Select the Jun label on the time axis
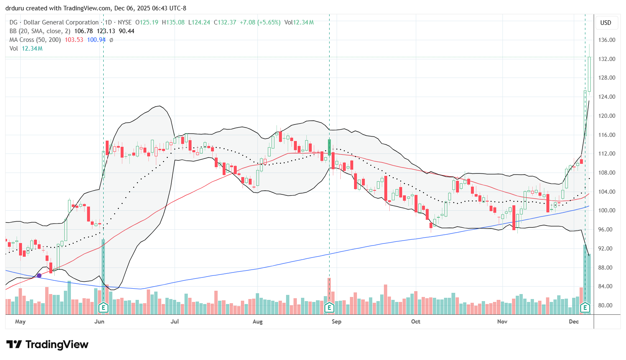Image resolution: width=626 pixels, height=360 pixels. click(x=99, y=322)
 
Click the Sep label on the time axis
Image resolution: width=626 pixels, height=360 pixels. click(x=336, y=322)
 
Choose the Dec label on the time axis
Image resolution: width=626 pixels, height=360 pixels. click(x=574, y=322)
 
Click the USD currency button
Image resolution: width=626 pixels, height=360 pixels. click(x=606, y=23)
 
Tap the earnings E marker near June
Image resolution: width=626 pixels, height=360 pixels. click(x=103, y=308)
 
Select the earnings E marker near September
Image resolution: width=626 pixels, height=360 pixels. click(x=329, y=308)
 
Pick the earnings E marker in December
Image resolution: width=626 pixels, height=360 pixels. click(x=585, y=308)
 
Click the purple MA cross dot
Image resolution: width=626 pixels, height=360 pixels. click(x=39, y=275)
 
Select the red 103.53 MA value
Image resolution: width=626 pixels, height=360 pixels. click(x=74, y=40)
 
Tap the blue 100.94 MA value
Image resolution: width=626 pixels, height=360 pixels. click(x=96, y=40)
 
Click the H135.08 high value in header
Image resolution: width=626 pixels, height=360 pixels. click(x=173, y=22)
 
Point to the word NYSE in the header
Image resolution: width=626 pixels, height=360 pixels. click(x=124, y=22)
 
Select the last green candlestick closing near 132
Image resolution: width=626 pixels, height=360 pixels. click(x=589, y=74)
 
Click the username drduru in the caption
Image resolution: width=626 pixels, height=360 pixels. click(x=15, y=8)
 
